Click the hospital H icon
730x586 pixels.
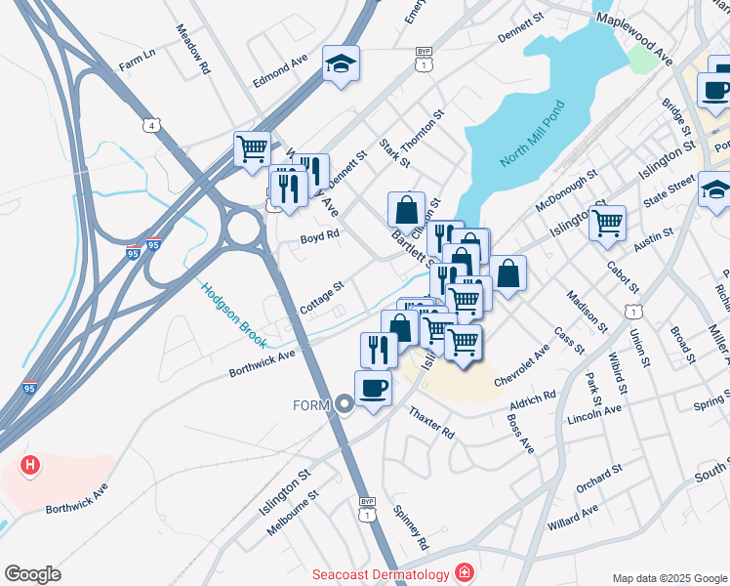pos(30,465)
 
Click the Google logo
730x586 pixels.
pos(32,574)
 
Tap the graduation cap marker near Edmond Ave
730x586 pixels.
pos(341,63)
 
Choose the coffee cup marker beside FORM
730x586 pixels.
pos(373,389)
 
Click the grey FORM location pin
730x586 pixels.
pos(344,404)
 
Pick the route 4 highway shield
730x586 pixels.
pos(149,125)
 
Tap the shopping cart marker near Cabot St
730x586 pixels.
pos(607,222)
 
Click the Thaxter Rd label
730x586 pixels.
pos(431,423)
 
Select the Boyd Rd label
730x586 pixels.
pos(319,236)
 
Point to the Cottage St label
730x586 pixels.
pos(322,299)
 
